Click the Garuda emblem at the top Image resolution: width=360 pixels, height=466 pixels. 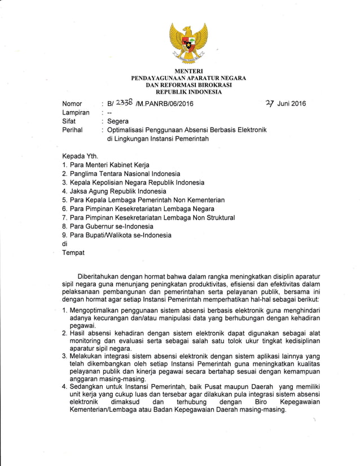(x=188, y=42)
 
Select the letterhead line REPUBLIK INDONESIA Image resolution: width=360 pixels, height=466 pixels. (x=188, y=91)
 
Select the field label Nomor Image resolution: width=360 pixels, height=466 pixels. (x=72, y=104)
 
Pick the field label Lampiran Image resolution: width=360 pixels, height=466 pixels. (x=76, y=113)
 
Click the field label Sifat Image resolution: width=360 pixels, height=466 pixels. (x=69, y=121)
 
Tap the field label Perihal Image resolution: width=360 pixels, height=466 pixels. (x=72, y=130)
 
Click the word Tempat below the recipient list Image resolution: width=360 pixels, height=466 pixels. (x=73, y=252)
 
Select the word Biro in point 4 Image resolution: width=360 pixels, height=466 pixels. (x=261, y=402)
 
